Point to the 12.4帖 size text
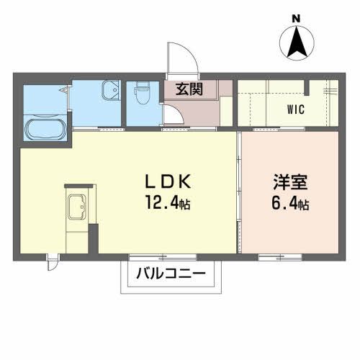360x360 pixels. click(166, 203)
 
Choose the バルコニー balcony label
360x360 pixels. click(171, 274)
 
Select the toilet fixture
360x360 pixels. click(141, 91)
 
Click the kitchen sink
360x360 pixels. click(76, 208)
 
